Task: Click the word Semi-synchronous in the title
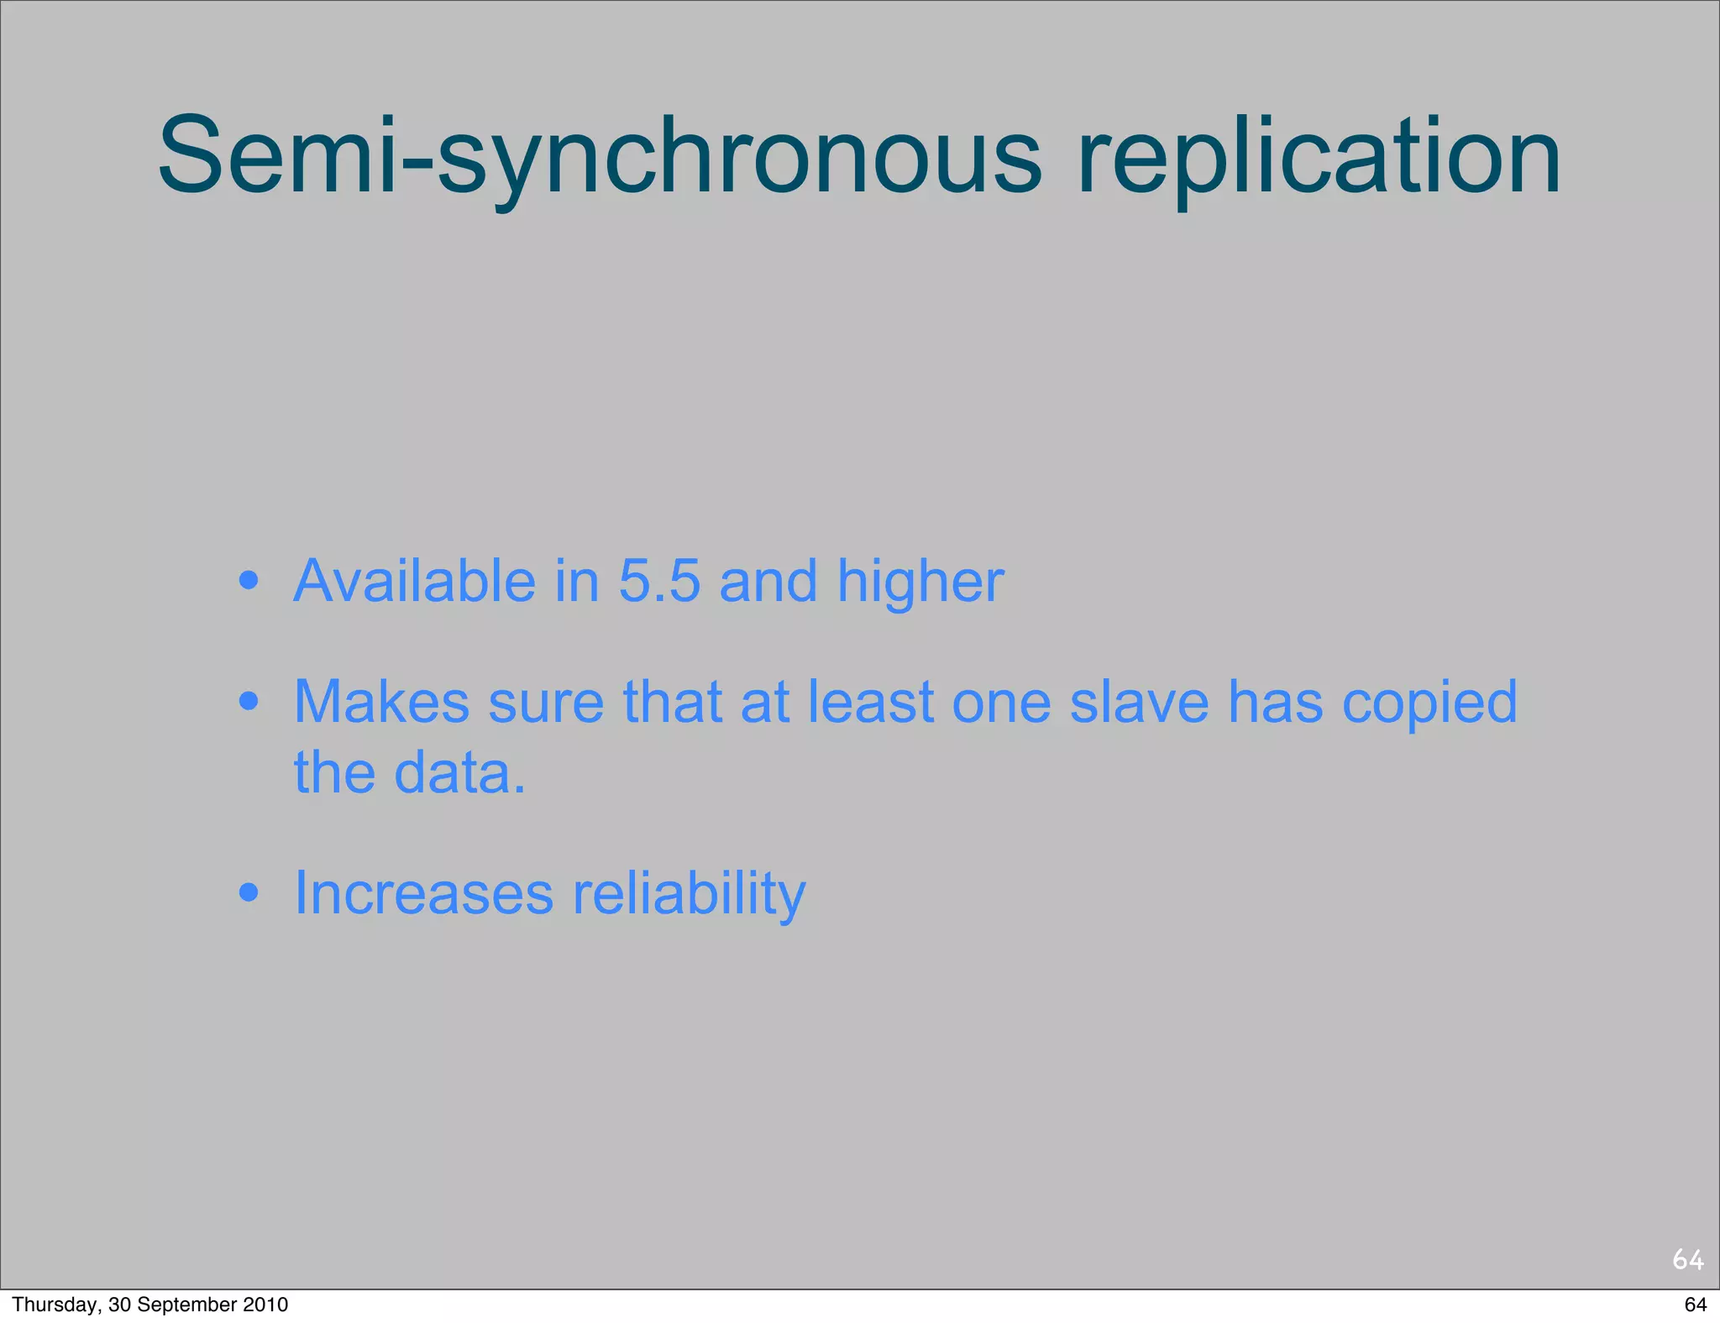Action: (598, 157)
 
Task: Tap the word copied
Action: (1429, 703)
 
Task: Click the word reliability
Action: (689, 894)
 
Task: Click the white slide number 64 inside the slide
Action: (1687, 1259)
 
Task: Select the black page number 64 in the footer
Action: (1695, 1305)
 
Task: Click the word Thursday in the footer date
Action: (47, 1305)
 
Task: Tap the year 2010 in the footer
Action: (266, 1305)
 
